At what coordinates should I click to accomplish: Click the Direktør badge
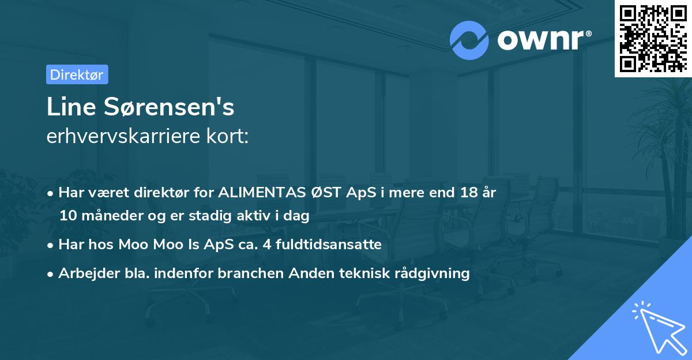point(77,74)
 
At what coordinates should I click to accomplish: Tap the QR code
point(653,38)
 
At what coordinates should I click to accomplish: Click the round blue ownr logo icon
point(470,40)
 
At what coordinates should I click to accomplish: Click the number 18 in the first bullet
point(468,193)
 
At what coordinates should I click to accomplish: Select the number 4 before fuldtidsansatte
point(266,244)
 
